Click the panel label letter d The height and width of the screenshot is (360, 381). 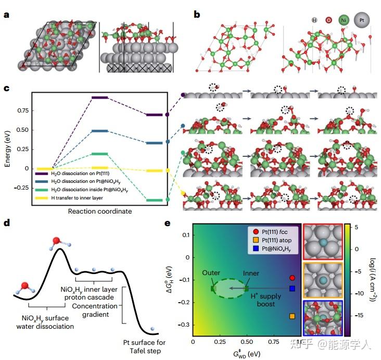[6, 224]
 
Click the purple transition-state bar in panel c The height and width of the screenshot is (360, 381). [99, 97]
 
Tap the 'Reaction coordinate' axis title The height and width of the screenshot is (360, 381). [99, 211]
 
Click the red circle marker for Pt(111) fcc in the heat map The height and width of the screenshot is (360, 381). [292, 278]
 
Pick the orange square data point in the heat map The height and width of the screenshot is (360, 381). [292, 316]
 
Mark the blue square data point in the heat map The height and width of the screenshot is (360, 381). [292, 288]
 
